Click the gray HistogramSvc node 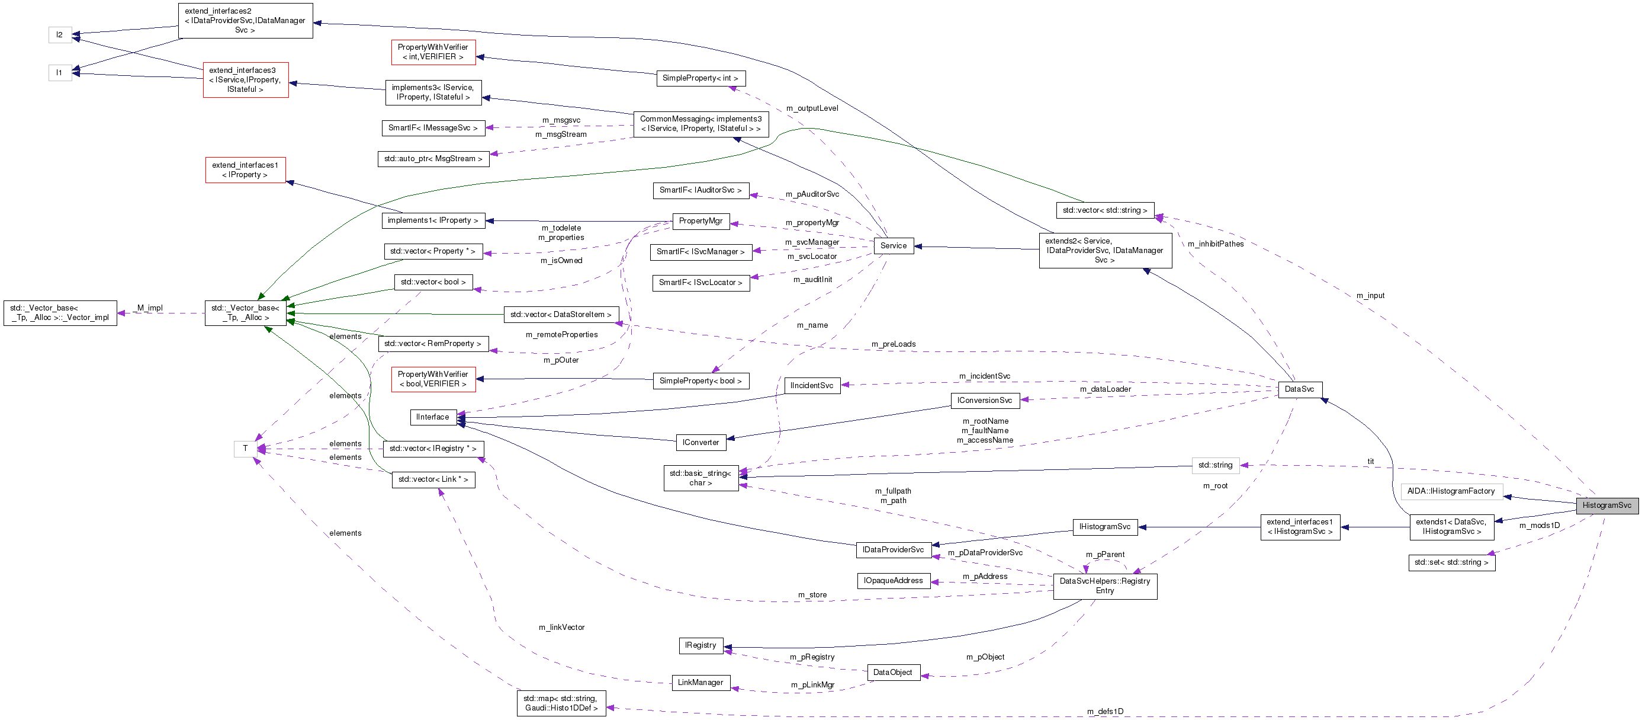(1606, 505)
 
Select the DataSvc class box (1299, 389)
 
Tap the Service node (893, 245)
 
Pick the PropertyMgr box (700, 220)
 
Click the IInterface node (432, 417)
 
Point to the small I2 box (60, 34)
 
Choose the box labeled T (245, 449)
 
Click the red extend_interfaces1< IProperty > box (245, 169)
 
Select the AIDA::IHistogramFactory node (1451, 491)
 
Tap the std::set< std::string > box (1451, 562)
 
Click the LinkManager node (700, 683)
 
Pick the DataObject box (893, 672)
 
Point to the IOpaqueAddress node (893, 580)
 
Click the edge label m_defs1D (1106, 711)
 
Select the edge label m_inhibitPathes (1216, 244)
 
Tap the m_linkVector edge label (561, 628)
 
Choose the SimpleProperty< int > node (700, 78)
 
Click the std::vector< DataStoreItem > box (561, 315)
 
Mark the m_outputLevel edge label (812, 108)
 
